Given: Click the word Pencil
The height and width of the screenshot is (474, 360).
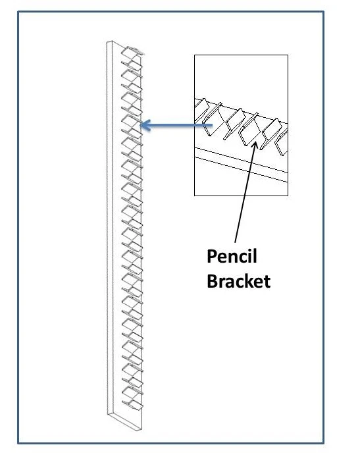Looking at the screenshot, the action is (x=232, y=257).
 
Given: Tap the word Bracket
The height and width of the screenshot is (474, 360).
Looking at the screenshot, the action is (x=238, y=281).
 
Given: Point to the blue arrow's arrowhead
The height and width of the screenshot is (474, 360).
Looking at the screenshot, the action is (x=145, y=125).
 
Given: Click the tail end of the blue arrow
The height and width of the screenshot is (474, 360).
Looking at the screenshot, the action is (x=212, y=125).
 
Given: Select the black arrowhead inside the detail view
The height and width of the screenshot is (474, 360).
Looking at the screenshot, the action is (x=255, y=145).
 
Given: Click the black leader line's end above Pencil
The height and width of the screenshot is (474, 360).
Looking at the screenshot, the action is (x=235, y=242).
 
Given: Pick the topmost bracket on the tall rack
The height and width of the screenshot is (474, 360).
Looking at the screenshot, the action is (x=132, y=52).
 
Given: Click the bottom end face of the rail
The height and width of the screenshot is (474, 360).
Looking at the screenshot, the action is (x=124, y=421).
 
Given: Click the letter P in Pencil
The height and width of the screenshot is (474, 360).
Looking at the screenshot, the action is (x=212, y=257).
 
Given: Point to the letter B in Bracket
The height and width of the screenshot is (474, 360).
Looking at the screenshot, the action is (x=212, y=281).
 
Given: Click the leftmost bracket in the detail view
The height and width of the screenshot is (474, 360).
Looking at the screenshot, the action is (x=201, y=108).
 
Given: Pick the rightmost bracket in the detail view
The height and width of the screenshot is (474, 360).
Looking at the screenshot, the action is (x=282, y=142).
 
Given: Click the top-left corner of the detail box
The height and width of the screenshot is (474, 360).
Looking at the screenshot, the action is (x=194, y=55).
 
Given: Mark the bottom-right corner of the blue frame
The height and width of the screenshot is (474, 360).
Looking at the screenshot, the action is (x=323, y=443).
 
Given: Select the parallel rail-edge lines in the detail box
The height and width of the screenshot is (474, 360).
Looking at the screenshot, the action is (x=241, y=165).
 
